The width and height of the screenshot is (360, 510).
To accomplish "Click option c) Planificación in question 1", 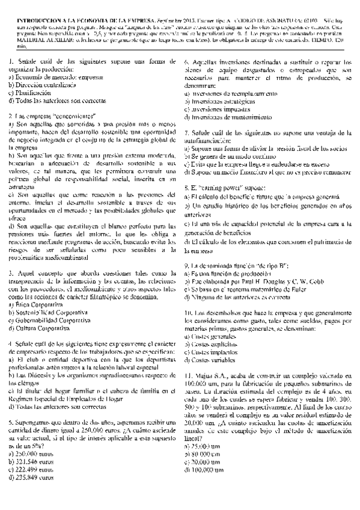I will [x=30, y=94].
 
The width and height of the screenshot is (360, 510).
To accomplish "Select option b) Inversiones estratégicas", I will [x=219, y=102].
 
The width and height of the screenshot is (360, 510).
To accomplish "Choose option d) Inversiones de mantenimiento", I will [x=225, y=117].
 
